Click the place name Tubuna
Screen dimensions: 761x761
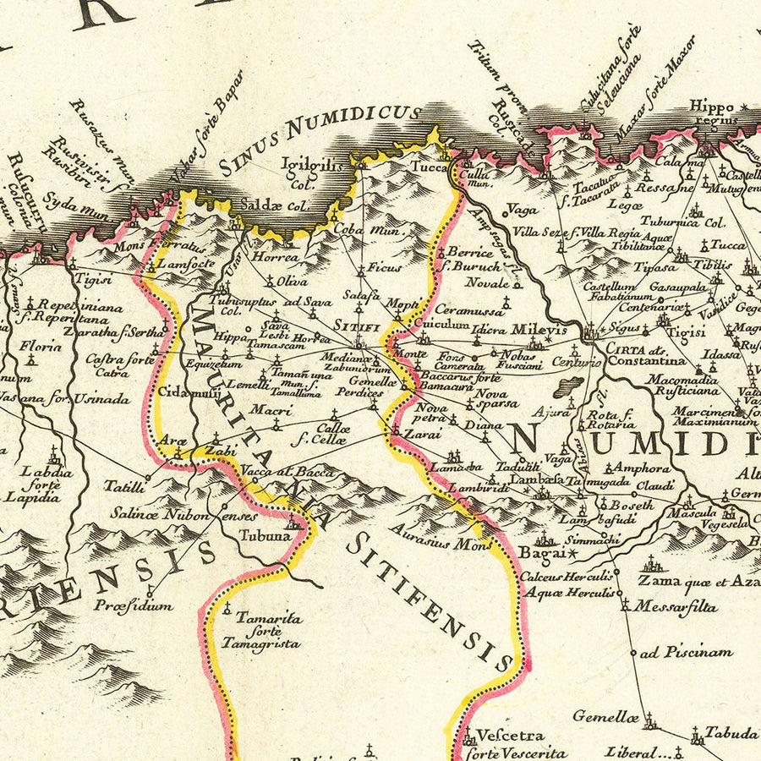pyautogui.click(x=265, y=534)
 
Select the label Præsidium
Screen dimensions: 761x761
pyautogui.click(x=134, y=605)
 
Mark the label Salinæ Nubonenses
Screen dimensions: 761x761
pyautogui.click(x=183, y=513)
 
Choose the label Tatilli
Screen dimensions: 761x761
pyautogui.click(x=124, y=486)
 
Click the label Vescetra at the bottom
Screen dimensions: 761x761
pyautogui.click(x=509, y=736)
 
